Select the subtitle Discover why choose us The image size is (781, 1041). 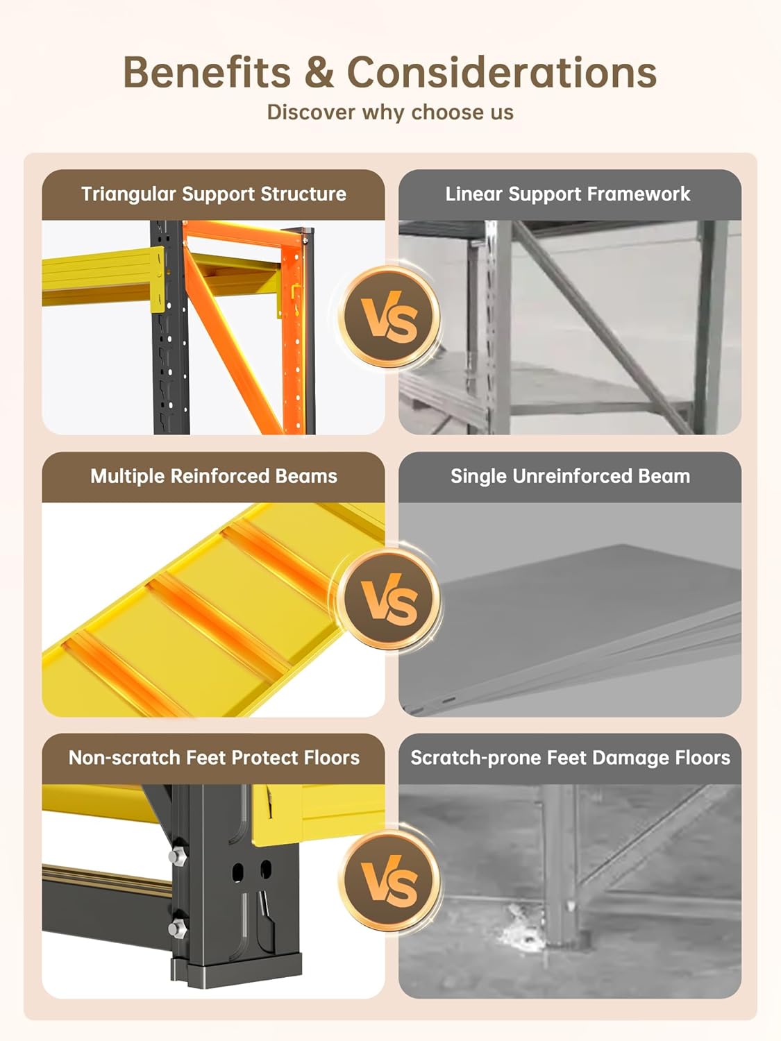click(390, 112)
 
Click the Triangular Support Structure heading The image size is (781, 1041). click(213, 194)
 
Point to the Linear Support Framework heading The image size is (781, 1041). click(568, 194)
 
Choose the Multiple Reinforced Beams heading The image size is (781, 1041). click(214, 476)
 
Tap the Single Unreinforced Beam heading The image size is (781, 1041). click(570, 476)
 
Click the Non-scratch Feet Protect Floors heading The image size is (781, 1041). click(214, 758)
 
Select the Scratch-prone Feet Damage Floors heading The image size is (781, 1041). click(570, 758)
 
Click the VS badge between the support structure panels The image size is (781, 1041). click(389, 316)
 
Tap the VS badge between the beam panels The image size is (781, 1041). click(389, 598)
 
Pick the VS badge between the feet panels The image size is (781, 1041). click(389, 880)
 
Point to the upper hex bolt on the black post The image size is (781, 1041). click(177, 857)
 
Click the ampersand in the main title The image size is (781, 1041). click(319, 72)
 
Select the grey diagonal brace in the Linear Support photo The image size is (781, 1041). click(602, 328)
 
